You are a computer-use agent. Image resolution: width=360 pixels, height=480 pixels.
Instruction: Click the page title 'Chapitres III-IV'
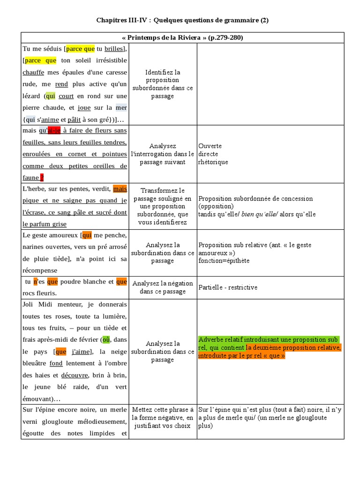[124, 20]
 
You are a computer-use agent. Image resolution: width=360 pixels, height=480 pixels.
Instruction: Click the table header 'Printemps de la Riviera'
[182, 37]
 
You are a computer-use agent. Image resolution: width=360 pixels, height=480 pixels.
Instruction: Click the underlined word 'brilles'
[114, 49]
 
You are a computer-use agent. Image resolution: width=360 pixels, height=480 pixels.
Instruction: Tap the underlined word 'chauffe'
[34, 72]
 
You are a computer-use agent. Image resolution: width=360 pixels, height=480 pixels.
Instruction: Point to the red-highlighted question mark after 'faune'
[42, 178]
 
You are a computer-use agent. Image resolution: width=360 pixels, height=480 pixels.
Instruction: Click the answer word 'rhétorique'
[213, 162]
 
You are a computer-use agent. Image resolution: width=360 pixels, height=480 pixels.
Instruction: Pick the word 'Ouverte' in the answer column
[210, 146]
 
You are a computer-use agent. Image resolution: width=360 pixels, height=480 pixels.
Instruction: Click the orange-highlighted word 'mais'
[120, 189]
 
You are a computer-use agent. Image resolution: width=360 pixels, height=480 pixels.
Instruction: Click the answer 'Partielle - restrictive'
[228, 287]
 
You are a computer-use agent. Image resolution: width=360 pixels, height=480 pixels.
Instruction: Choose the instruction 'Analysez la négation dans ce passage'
[163, 287]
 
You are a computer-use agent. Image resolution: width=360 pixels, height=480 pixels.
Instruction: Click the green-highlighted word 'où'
[106, 339]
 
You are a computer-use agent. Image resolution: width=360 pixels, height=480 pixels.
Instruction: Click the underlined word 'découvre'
[74, 375]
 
